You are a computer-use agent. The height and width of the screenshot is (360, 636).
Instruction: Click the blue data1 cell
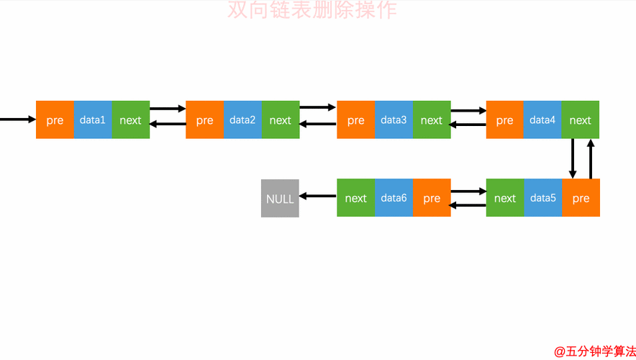[x=93, y=120]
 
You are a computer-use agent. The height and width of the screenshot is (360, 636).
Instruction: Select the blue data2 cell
[x=242, y=120]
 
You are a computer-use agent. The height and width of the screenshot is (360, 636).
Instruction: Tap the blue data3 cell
[x=394, y=120]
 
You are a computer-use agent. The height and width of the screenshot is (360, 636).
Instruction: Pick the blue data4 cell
[x=542, y=120]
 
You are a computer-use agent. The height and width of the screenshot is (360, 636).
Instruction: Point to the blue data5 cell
[x=542, y=198]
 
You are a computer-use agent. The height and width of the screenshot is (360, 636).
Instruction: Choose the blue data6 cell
[x=394, y=198]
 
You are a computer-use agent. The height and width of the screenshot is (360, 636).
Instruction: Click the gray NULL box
[x=280, y=198]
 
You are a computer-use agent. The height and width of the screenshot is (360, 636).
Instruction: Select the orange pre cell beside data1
[x=55, y=120]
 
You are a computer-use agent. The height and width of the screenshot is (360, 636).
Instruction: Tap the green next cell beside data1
[x=130, y=120]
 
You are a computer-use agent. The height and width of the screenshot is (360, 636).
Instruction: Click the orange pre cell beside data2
[x=205, y=120]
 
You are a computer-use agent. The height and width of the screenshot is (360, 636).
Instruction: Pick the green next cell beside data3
[x=432, y=120]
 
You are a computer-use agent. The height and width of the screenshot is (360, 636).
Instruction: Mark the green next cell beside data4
[x=580, y=120]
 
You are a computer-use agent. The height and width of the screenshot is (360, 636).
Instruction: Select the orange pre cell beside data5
[x=581, y=198]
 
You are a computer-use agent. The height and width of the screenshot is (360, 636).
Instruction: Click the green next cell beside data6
[x=355, y=198]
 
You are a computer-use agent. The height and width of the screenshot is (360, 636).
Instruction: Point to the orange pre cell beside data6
[x=432, y=198]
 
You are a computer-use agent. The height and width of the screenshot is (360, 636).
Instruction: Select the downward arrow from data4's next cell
[x=573, y=158]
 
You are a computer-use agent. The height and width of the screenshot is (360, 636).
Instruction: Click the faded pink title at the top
[x=312, y=10]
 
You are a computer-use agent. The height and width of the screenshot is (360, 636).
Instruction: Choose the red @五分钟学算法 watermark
[x=594, y=351]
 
